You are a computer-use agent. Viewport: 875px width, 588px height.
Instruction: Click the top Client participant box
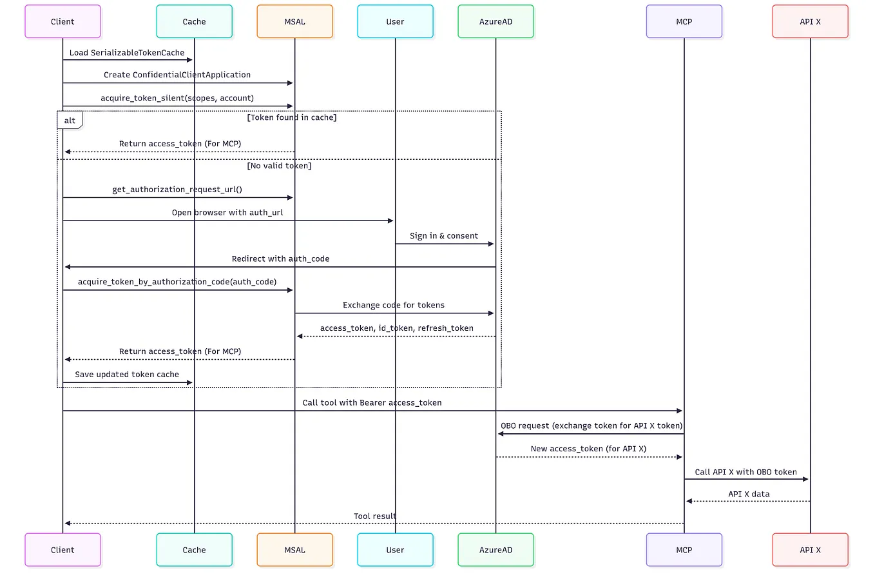point(63,21)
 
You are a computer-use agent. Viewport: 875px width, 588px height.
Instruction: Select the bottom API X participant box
point(810,550)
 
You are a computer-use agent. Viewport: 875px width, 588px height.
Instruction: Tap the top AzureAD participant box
point(495,21)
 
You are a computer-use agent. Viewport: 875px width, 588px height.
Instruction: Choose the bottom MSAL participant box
point(294,550)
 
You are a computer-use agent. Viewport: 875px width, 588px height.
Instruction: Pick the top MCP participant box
point(684,21)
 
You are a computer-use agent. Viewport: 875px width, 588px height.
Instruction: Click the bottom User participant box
point(395,550)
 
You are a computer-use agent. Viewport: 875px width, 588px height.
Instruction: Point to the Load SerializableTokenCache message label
point(127,53)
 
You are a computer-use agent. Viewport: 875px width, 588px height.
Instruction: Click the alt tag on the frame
point(70,121)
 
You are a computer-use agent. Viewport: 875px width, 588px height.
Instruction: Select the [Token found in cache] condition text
point(292,117)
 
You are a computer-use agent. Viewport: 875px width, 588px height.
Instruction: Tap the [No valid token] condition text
point(279,166)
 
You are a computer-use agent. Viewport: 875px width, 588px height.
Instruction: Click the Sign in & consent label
point(444,236)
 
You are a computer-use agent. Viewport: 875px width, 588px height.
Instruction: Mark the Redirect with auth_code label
point(280,259)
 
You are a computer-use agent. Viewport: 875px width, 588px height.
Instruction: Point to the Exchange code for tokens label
point(394,306)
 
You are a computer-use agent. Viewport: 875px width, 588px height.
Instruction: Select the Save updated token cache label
point(127,375)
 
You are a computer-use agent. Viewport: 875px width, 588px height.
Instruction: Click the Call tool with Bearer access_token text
point(372,403)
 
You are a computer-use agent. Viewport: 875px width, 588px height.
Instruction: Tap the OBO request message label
point(591,426)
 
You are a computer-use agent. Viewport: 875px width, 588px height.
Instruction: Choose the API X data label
point(749,495)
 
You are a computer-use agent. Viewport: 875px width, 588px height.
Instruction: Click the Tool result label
point(375,516)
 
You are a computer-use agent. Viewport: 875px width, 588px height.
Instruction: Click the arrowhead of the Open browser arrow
point(390,221)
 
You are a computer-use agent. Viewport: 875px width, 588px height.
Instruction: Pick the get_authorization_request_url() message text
point(177,190)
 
